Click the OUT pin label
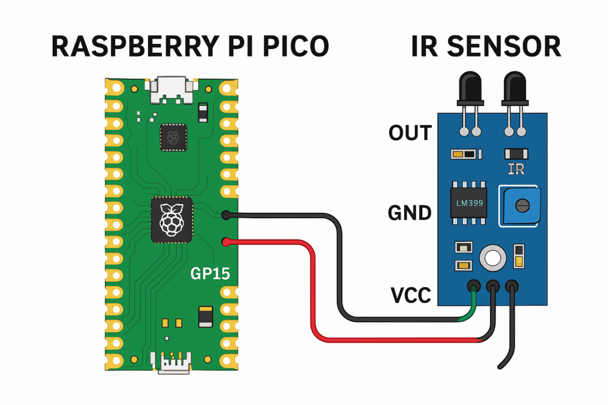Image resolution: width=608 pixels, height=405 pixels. click(x=410, y=133)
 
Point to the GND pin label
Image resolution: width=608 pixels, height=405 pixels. click(x=410, y=212)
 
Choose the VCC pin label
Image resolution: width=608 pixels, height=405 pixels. click(x=410, y=295)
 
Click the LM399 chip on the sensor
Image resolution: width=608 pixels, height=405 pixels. click(x=469, y=203)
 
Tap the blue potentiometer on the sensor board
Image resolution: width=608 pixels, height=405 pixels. click(x=521, y=206)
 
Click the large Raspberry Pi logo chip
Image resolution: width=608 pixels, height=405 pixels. click(x=172, y=219)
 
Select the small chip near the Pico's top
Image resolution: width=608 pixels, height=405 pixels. click(x=173, y=138)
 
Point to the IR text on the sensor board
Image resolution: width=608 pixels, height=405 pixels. click(x=516, y=170)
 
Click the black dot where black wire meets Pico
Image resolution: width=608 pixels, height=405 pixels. click(x=226, y=215)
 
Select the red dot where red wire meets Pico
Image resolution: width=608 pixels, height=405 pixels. click(x=226, y=241)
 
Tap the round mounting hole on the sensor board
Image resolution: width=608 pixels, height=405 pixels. click(x=493, y=257)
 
